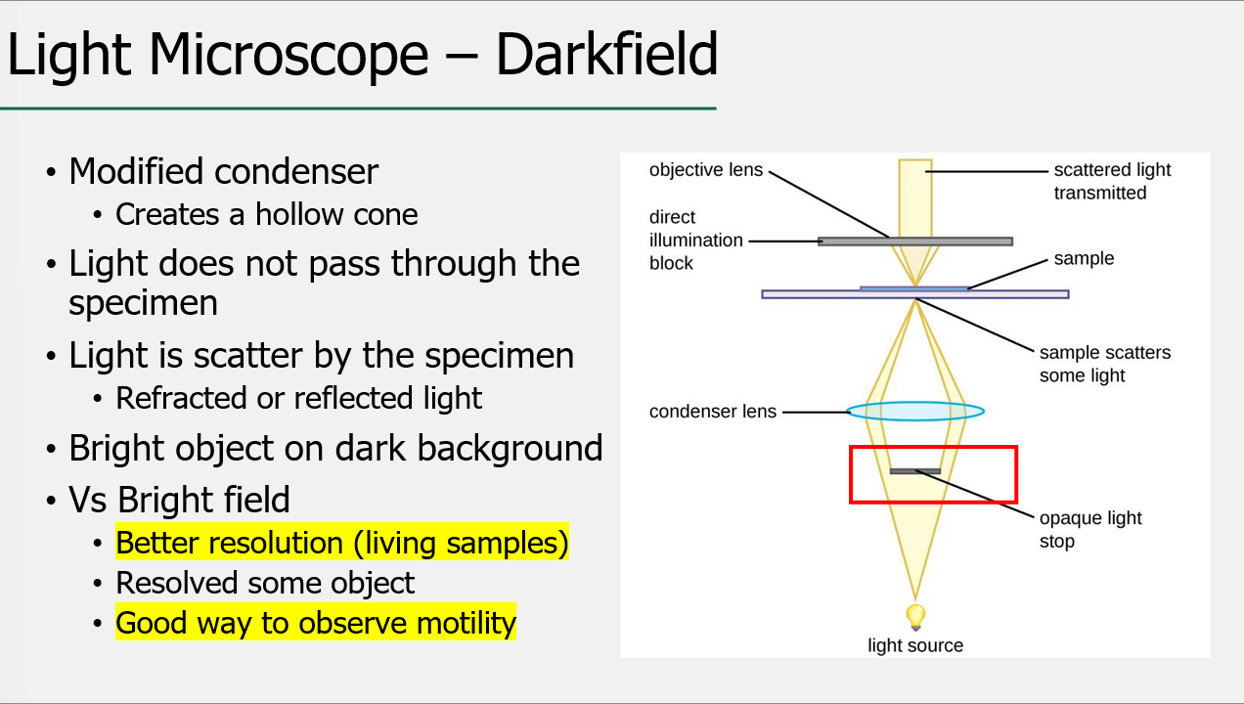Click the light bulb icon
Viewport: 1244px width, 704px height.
click(915, 616)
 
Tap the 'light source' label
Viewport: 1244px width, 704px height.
click(915, 645)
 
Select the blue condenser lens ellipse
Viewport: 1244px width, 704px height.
click(915, 412)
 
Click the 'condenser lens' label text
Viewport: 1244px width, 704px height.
click(712, 412)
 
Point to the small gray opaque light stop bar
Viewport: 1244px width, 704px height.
click(914, 471)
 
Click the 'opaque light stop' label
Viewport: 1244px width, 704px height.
click(1090, 529)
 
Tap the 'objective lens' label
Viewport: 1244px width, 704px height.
click(705, 170)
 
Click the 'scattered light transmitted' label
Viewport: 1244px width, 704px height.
click(1112, 181)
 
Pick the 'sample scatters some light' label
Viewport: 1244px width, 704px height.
click(1104, 364)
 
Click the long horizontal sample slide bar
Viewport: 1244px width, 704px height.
click(1017, 293)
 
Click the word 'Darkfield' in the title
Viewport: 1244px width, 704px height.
click(606, 55)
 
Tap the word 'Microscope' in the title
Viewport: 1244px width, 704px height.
click(290, 55)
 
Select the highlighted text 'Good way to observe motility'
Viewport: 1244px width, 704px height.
click(316, 623)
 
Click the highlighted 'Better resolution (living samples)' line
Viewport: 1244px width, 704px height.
click(341, 543)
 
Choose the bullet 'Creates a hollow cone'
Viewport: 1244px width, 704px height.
click(266, 214)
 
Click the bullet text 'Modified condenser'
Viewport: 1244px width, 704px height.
click(223, 171)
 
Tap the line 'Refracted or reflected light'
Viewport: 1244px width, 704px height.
click(298, 398)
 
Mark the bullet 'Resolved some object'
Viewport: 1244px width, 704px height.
click(265, 583)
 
